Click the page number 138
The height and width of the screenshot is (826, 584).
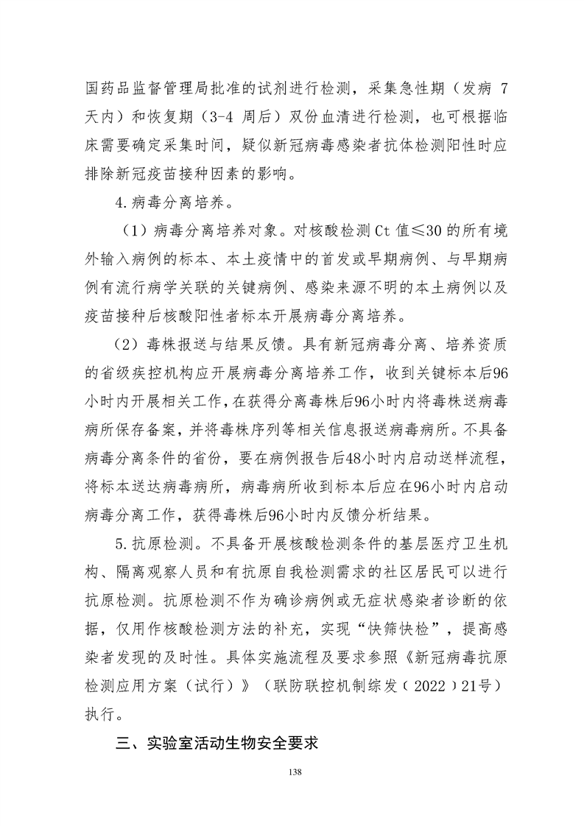click(292, 772)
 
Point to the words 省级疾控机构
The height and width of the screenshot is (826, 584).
click(143, 375)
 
